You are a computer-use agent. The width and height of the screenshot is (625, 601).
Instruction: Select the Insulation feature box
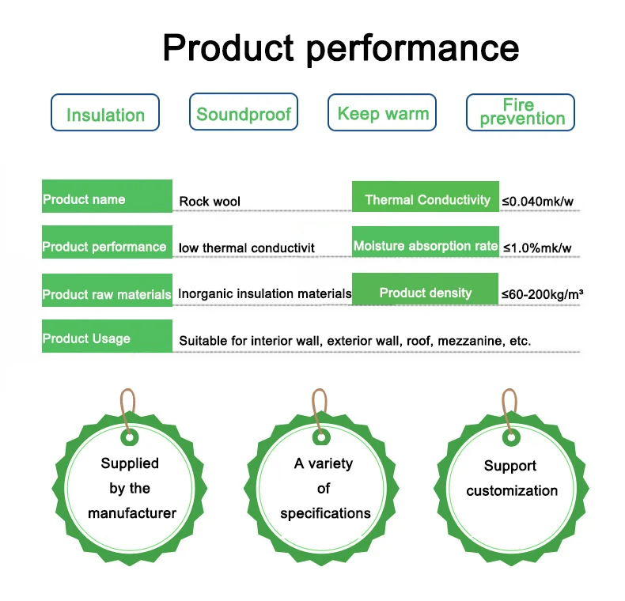tap(105, 112)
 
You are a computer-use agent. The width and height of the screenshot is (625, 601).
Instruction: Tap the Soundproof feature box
tap(244, 112)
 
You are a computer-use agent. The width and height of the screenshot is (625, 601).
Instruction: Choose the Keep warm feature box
tap(383, 112)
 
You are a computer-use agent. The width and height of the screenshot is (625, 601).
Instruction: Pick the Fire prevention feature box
tap(521, 112)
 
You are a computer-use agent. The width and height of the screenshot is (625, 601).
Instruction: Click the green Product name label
tap(107, 197)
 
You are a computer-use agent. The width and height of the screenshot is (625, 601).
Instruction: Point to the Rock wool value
tap(210, 202)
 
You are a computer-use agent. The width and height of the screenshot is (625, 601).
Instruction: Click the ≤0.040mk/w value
tap(537, 202)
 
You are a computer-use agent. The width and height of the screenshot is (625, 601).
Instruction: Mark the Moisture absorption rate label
tap(426, 244)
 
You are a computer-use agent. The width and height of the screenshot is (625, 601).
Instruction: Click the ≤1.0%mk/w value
tap(536, 248)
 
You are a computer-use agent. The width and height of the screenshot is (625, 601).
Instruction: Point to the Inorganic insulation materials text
tap(264, 294)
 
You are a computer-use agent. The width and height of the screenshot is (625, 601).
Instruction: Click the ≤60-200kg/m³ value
tap(542, 295)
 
